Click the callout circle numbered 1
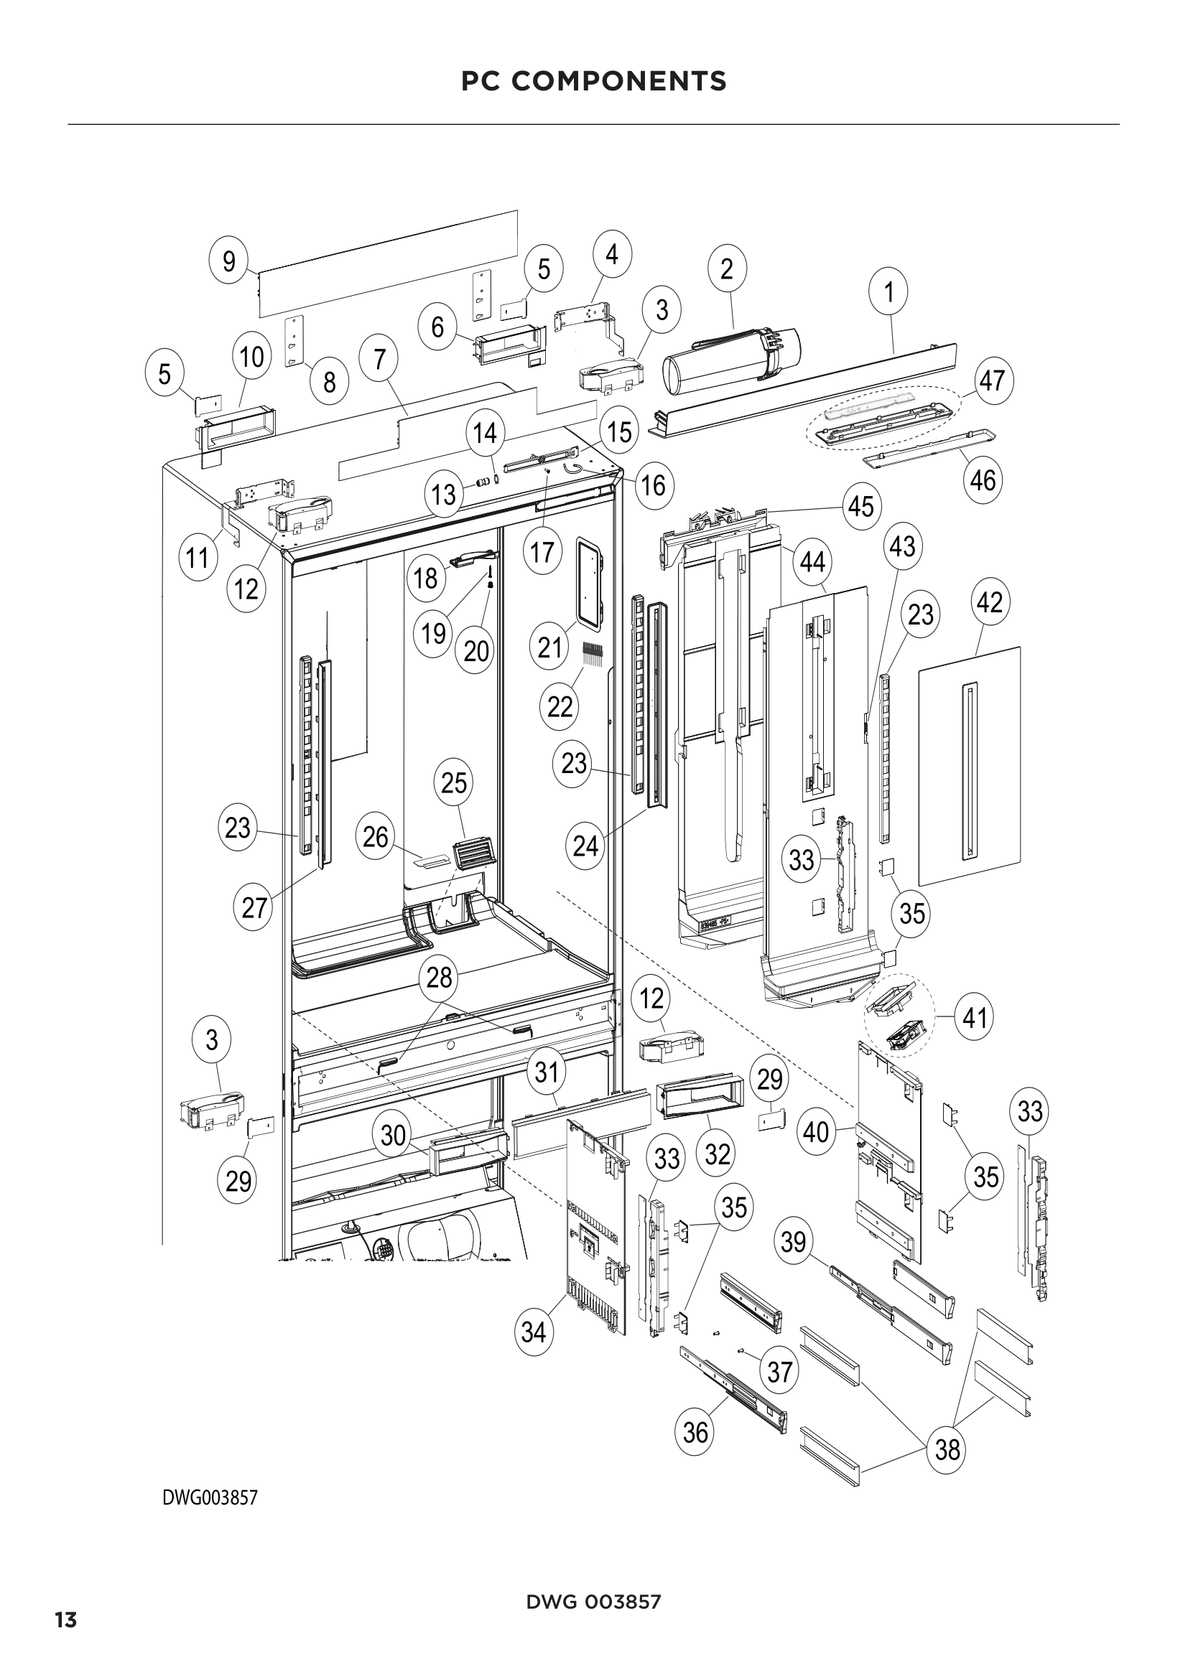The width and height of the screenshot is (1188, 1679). [888, 291]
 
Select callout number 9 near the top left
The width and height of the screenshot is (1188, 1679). [229, 261]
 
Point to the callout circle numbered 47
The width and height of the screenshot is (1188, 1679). [992, 381]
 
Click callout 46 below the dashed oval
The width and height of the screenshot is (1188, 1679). [983, 480]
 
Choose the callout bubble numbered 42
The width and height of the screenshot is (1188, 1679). [990, 602]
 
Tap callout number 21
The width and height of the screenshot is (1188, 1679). [549, 647]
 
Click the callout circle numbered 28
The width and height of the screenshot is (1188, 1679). [439, 977]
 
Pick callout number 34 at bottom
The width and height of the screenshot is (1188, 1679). [534, 1332]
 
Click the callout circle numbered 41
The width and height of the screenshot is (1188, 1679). [975, 1017]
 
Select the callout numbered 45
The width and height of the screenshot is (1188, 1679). [861, 506]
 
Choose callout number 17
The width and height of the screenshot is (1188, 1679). [542, 552]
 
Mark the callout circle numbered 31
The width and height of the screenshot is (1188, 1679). [547, 1072]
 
